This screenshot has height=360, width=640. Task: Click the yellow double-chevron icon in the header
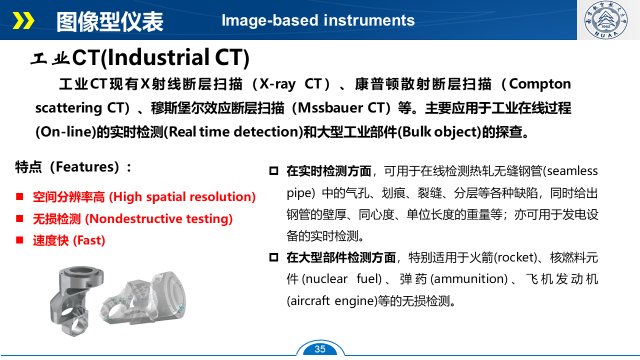(x=23, y=20)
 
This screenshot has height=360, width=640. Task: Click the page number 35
(x=320, y=349)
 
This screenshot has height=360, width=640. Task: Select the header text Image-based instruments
(x=318, y=20)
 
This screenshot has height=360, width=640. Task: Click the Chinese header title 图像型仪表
(x=109, y=21)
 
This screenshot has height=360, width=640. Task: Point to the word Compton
(x=539, y=84)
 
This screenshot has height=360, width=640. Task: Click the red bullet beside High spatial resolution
(x=19, y=196)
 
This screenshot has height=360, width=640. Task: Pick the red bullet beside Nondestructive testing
(x=19, y=218)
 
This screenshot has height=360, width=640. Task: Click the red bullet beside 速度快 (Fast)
(x=19, y=240)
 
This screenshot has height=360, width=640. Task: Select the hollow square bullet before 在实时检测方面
(x=273, y=171)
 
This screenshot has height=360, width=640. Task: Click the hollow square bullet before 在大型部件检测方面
(x=273, y=257)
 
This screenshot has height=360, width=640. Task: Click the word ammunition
(x=469, y=279)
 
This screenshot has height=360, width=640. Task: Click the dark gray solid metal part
(x=76, y=300)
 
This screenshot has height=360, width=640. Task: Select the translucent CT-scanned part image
(x=143, y=298)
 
